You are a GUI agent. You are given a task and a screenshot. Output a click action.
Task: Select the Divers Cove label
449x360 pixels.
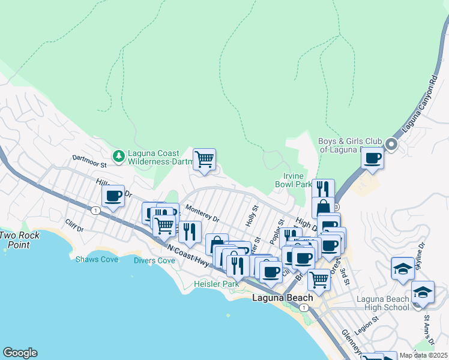[x=154, y=260]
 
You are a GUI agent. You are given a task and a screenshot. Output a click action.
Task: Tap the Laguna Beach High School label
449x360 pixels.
[x=382, y=303]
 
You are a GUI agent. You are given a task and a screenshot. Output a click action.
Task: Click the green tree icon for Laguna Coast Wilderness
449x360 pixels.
[x=119, y=156]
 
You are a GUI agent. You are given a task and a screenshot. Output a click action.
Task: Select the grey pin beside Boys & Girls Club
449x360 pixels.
[x=391, y=145]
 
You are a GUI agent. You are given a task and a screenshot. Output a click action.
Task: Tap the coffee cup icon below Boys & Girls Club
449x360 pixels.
[x=372, y=158]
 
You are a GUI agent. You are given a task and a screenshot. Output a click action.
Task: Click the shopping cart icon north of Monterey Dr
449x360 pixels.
[x=204, y=160]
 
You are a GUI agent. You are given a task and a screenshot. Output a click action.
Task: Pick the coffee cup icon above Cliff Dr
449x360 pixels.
[x=113, y=195]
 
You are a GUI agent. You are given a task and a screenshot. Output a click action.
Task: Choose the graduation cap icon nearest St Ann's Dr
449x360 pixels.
[x=423, y=293]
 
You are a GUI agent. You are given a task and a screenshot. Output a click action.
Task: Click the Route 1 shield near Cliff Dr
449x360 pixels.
[x=95, y=211]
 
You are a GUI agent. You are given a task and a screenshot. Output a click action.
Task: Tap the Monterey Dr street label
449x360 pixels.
[x=203, y=214]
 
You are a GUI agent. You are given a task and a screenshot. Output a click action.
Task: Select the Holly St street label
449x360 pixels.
[x=252, y=216]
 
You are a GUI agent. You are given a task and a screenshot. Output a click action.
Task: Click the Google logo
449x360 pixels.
[x=20, y=353]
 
